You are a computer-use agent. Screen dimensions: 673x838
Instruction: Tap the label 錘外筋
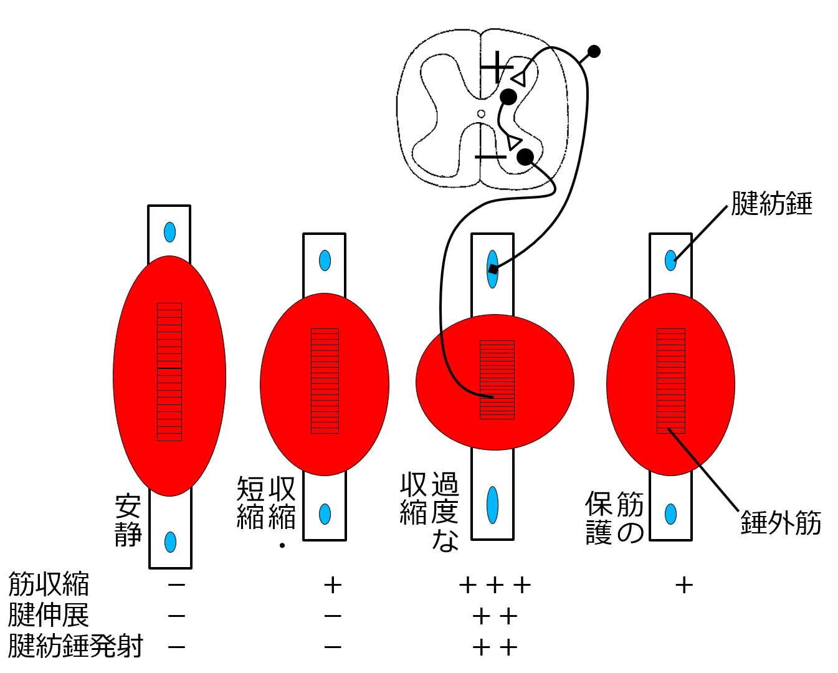[781, 523]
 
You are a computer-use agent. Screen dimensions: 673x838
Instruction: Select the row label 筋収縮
[49, 585]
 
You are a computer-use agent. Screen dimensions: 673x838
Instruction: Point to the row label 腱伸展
[49, 616]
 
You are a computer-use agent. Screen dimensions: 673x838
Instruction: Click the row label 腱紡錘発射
[75, 646]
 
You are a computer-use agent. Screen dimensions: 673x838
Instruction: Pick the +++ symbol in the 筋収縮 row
[495, 585]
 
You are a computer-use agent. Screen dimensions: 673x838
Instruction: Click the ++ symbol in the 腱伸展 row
[495, 616]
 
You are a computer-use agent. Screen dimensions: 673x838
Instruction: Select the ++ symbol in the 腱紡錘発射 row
[495, 647]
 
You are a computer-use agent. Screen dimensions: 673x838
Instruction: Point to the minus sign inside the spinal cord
[490, 156]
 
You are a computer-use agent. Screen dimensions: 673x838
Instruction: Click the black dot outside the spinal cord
[594, 51]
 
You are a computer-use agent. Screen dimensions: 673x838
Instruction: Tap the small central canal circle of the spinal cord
[481, 113]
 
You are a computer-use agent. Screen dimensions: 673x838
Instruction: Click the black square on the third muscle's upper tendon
[493, 269]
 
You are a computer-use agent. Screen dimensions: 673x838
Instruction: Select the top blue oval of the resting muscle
[169, 232]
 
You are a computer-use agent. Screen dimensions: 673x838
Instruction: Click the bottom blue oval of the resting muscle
[170, 542]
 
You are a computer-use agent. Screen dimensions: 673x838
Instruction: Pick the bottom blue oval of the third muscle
[493, 505]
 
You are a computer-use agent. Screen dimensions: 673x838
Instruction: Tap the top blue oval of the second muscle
[325, 260]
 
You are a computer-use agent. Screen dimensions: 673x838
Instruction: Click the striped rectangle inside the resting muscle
[169, 371]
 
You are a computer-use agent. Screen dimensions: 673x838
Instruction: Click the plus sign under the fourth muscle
[684, 585]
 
